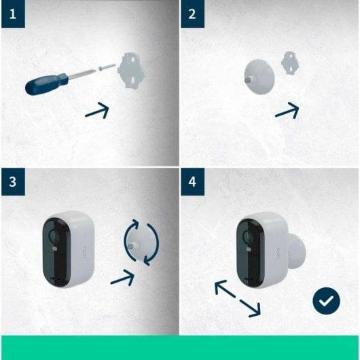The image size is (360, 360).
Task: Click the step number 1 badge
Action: [14, 13]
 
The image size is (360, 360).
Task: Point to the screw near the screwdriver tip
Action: [104, 67]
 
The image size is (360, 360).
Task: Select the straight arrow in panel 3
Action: [122, 274]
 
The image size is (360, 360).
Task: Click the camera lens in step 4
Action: [247, 238]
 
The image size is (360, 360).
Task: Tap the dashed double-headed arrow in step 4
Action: [237, 299]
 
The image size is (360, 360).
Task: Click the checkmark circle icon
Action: [326, 300]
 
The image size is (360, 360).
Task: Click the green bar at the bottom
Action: [180, 347]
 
